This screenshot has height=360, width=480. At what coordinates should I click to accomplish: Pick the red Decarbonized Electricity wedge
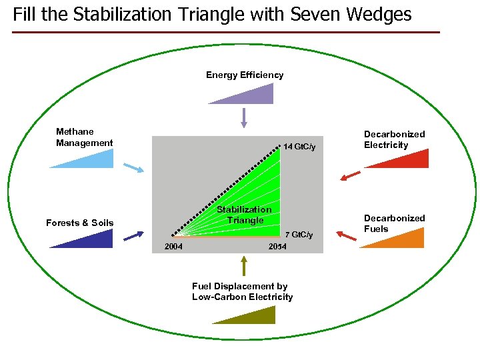point(409,161)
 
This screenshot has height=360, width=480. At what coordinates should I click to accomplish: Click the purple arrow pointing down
point(244,117)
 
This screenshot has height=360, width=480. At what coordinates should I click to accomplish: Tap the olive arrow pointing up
point(244,266)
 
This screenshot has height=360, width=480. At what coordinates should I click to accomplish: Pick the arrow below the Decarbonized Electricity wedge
point(351,175)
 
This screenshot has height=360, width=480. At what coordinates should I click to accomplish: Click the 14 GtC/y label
point(299,147)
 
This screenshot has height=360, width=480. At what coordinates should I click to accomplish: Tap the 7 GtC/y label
point(298,235)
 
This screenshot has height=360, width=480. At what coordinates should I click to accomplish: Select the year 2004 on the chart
point(174,247)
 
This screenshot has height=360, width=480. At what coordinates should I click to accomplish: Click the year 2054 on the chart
point(277,247)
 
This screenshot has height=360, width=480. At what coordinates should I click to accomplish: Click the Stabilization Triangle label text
point(245,215)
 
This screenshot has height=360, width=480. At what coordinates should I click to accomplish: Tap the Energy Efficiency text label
point(244,75)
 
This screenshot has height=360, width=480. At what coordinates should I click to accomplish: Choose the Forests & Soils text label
point(80,223)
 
